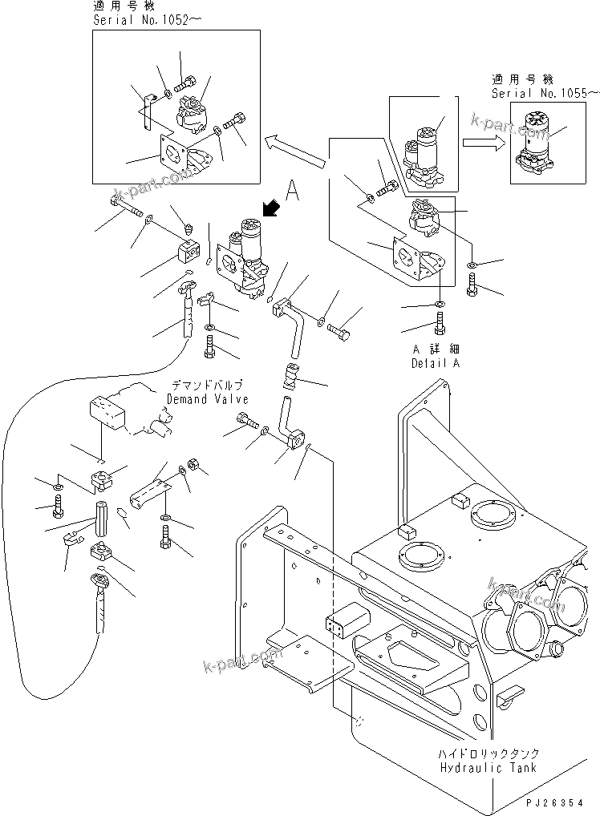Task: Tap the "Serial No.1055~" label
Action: (545, 93)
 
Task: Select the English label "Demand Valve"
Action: (208, 399)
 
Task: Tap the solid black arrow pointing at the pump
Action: (273, 209)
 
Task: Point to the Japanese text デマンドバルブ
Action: (208, 386)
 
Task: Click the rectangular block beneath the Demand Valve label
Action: (104, 414)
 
